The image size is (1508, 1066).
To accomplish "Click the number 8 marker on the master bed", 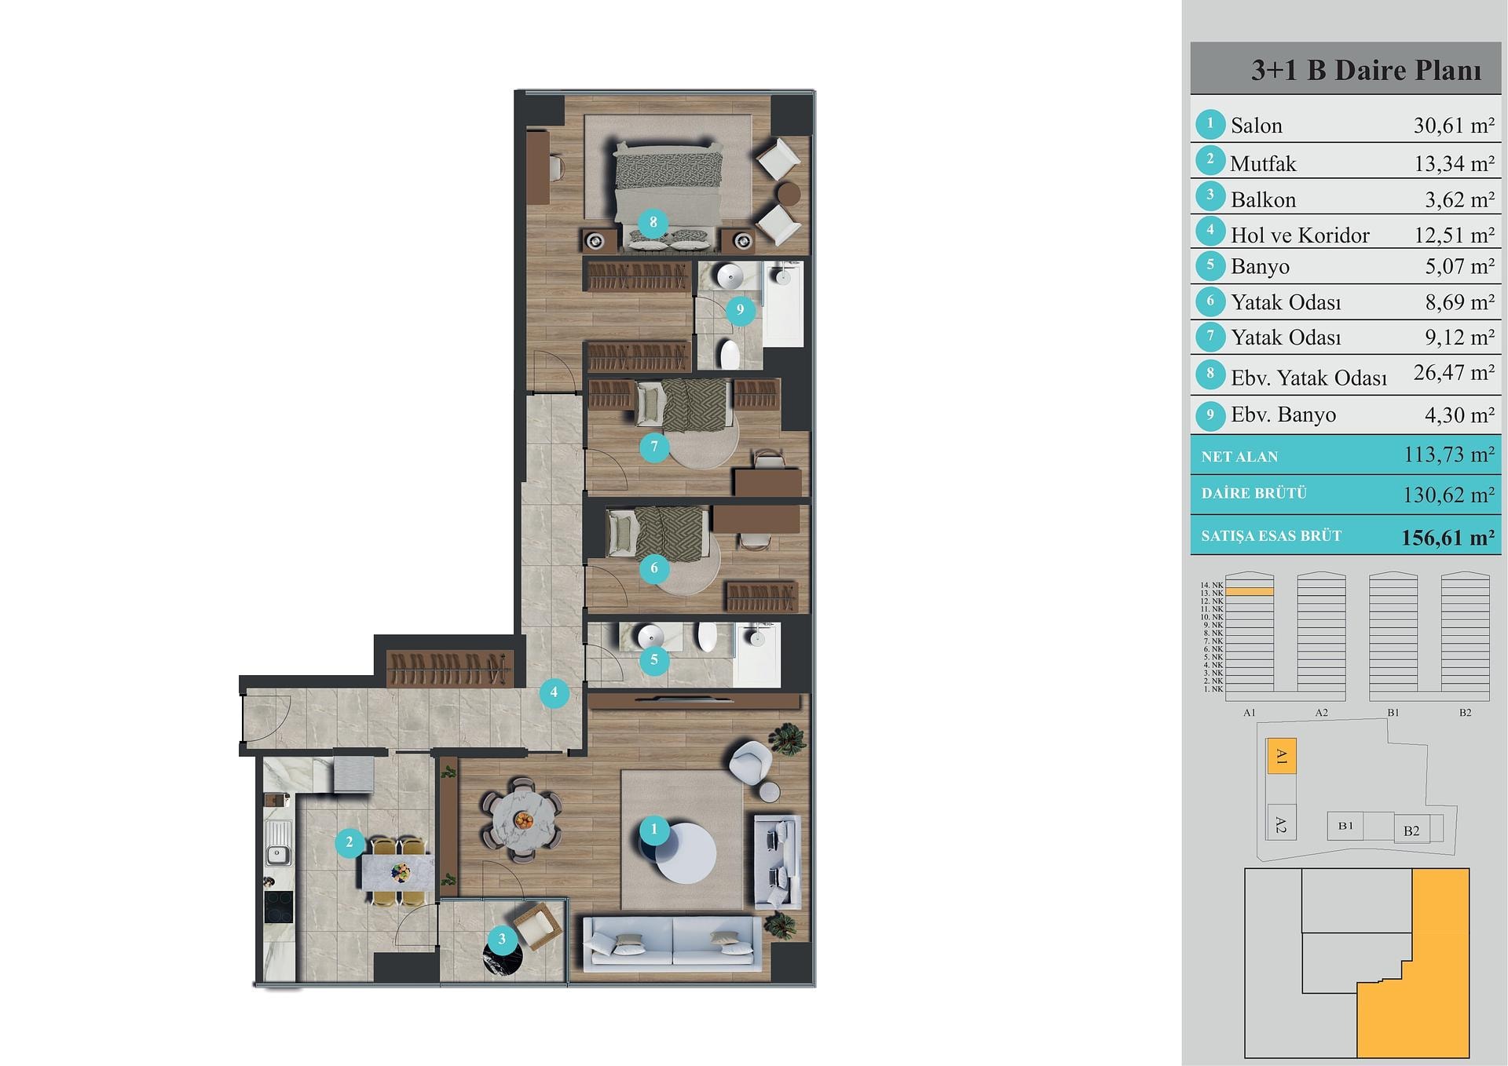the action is tap(653, 222).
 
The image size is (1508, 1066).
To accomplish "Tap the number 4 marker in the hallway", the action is tap(554, 692).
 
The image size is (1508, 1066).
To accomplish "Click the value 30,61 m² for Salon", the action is tap(1454, 126).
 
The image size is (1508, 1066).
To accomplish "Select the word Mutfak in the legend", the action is tap(1262, 164).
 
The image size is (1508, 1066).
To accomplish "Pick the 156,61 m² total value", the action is tap(1448, 538).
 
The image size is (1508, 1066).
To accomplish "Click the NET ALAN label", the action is tap(1239, 457).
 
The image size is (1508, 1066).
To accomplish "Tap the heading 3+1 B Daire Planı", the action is tap(1366, 70).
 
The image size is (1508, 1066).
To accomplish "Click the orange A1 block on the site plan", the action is tap(1282, 757).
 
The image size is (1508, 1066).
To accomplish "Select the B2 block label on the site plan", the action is tap(1411, 831).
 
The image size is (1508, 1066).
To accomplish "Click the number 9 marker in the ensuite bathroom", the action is tap(739, 309).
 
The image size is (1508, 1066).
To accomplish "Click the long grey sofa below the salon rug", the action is tap(672, 940).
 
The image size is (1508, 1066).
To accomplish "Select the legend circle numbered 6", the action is tap(1210, 301).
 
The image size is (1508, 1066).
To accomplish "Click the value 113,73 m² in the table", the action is tap(1449, 455).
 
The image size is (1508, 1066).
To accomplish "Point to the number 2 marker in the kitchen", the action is tap(350, 843).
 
